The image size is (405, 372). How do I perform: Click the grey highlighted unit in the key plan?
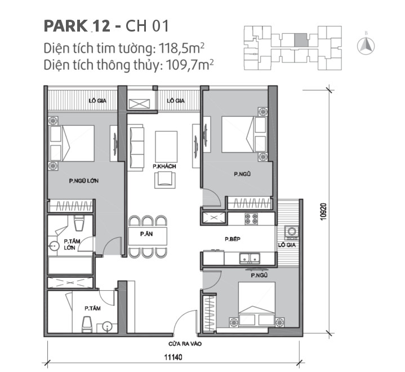pyautogui.click(x=302, y=39)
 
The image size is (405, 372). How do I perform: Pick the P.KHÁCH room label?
pyautogui.click(x=162, y=167)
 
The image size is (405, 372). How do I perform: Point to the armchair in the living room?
pyautogui.click(x=164, y=178)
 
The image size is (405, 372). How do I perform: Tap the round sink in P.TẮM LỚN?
pyautogui.click(x=54, y=246)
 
